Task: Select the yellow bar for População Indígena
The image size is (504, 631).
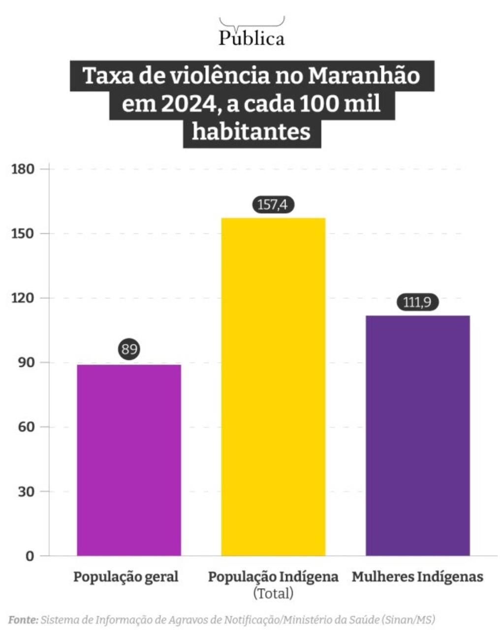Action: pos(273,386)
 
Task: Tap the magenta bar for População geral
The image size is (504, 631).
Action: pos(129,460)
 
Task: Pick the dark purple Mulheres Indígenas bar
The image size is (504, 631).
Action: pos(417,435)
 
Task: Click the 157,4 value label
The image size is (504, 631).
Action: pos(272,204)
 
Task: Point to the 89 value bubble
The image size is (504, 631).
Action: pos(129,349)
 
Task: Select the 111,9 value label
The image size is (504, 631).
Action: pos(417,302)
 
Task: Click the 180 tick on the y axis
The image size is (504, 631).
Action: pos(23,169)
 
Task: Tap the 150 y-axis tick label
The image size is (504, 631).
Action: pos(23,233)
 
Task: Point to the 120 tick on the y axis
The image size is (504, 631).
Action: pos(23,298)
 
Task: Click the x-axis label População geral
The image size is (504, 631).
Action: pos(126,577)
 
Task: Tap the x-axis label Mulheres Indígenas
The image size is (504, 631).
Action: pos(417,577)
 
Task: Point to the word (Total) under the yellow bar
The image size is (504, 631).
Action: pos(273,593)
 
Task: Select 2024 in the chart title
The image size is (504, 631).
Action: pos(184,104)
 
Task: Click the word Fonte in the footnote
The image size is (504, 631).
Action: pos(23,619)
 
